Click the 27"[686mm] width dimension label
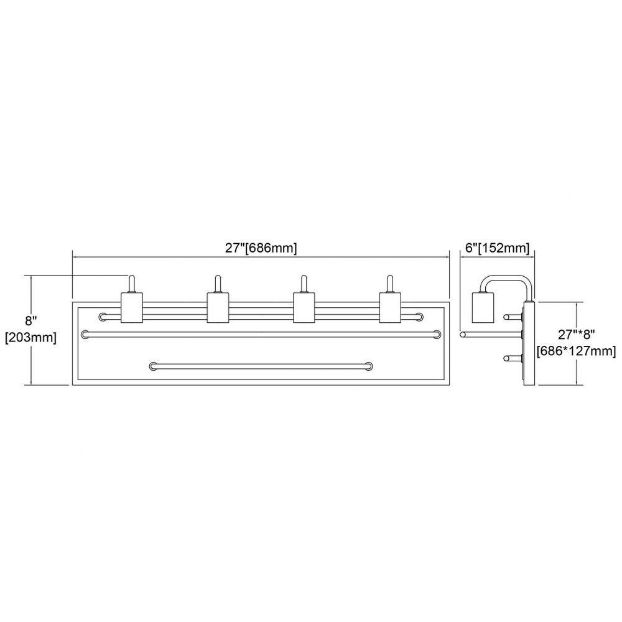click(x=261, y=248)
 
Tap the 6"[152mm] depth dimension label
click(x=497, y=248)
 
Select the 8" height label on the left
click(x=30, y=321)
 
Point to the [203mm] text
click(x=30, y=338)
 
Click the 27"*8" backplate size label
click(x=577, y=335)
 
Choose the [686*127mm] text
click(x=577, y=351)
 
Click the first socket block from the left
click(x=132, y=307)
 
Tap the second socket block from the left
click(x=218, y=307)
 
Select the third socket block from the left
click(x=304, y=307)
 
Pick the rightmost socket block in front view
click(x=390, y=307)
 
